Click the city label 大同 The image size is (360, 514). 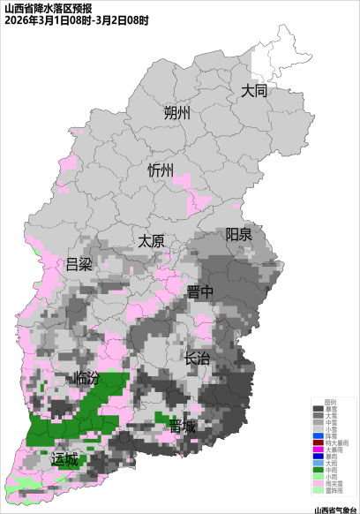pos(254,90)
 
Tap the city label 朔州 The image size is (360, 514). pos(176,113)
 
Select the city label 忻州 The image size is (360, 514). pos(161,170)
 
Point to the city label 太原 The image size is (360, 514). pos(151,240)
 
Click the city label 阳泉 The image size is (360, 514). pos(238,234)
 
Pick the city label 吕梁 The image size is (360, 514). pos(79,264)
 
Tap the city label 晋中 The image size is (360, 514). pos(200,292)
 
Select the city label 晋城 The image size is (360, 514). pos(182,427)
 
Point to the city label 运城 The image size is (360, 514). pos(64,459)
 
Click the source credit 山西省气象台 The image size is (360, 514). pos(335,509)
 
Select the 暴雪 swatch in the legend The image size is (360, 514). pos(318,410)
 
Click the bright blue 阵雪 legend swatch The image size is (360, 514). pos(318,435)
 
